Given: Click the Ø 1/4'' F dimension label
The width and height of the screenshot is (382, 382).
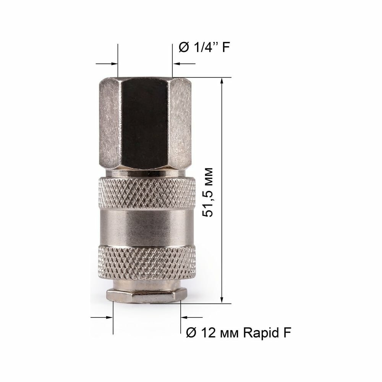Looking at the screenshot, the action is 204,47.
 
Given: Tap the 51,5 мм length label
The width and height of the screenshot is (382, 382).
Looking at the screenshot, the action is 208,192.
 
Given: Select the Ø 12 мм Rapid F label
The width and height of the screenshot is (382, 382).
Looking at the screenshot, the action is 239,332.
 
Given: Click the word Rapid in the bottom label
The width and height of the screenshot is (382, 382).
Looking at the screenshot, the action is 261,332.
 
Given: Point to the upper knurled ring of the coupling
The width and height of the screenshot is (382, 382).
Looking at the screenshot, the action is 147,193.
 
